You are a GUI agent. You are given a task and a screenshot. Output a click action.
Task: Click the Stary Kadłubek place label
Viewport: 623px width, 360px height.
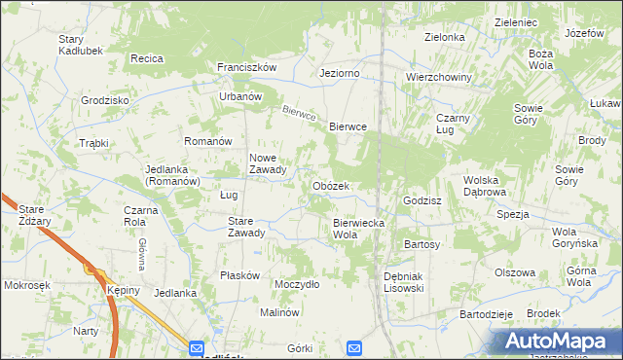coord(75,44)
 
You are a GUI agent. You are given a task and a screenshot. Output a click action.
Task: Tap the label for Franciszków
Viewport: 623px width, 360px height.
coord(247,67)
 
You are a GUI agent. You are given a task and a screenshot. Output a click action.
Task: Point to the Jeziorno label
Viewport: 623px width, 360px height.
coord(340,73)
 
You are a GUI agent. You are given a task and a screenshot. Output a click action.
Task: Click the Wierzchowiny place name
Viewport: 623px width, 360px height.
coord(439,77)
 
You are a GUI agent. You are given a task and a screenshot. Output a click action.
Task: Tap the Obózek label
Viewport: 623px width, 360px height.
coord(331,186)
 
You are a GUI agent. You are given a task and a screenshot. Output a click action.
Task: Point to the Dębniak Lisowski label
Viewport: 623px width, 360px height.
coord(403,282)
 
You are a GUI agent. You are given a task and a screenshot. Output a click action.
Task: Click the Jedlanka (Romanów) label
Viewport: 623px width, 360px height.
coord(172,174)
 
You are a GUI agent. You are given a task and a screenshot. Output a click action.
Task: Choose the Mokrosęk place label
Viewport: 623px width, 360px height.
coord(26,286)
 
